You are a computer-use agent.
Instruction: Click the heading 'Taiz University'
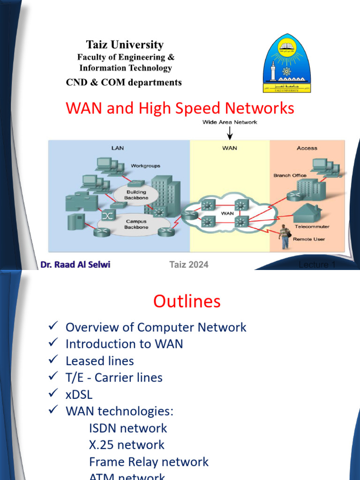click(125, 45)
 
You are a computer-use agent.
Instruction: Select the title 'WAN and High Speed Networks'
click(180, 108)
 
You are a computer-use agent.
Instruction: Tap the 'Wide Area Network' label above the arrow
click(230, 122)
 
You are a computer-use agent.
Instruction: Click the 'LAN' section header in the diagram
click(117, 148)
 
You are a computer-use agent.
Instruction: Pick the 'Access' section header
click(307, 148)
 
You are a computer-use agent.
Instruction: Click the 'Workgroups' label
click(145, 166)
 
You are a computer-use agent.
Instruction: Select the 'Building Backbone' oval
click(135, 195)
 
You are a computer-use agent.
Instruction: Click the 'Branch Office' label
click(290, 175)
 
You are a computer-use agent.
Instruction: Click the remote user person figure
click(284, 237)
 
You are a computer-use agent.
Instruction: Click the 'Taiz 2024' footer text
click(188, 265)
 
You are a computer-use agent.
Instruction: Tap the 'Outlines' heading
click(187, 301)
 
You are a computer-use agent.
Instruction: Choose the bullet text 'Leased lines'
click(99, 361)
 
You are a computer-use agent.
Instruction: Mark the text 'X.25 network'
click(127, 445)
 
